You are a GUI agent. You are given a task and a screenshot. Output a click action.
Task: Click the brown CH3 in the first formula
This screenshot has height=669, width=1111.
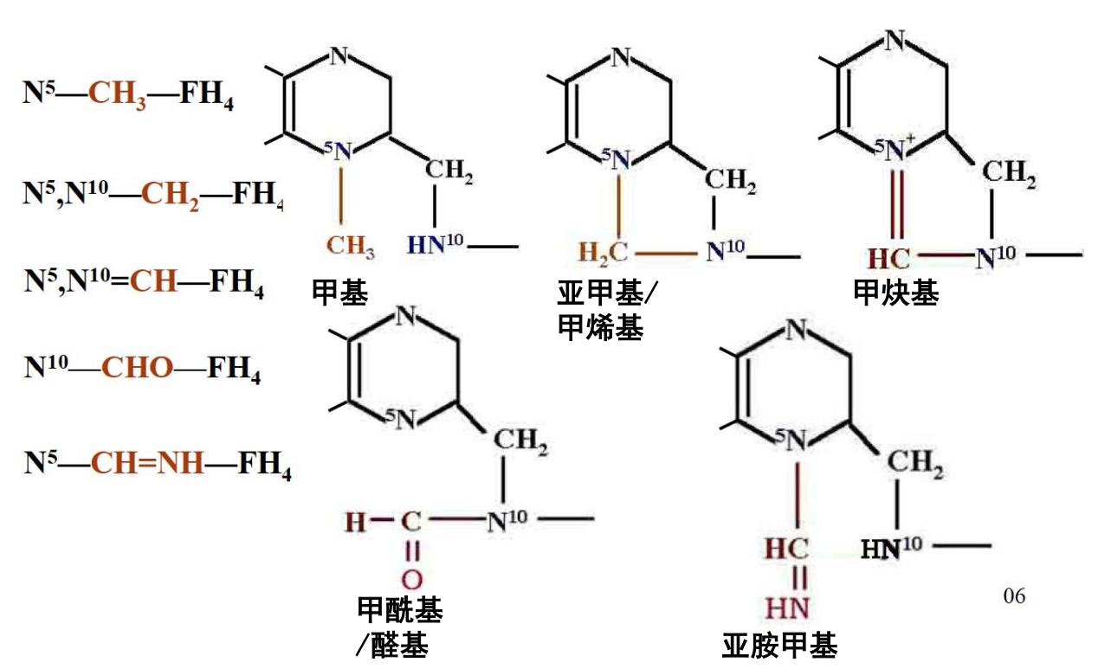[117, 94]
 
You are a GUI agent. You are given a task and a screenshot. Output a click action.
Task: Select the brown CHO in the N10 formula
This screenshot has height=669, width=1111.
[138, 368]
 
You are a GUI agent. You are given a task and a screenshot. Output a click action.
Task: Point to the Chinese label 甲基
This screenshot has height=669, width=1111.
[339, 294]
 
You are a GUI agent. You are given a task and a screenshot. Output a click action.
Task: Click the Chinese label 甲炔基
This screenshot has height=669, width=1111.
[895, 294]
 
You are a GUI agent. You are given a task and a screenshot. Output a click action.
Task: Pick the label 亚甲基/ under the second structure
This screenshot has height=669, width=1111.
[606, 294]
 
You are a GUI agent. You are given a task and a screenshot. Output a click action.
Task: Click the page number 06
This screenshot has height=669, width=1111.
[1014, 595]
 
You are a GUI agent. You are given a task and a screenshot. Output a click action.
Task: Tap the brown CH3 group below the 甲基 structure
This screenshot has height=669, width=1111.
[350, 246]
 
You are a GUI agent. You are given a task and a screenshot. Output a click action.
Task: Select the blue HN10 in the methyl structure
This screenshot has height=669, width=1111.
[435, 245]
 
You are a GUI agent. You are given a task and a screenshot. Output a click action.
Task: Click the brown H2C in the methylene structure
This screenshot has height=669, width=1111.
[604, 254]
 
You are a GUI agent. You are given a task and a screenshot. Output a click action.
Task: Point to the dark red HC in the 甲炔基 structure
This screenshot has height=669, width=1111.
[888, 257]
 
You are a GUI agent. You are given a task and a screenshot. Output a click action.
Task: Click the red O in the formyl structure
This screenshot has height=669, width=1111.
[412, 580]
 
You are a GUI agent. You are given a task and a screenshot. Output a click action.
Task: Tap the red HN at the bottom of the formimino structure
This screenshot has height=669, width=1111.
[787, 609]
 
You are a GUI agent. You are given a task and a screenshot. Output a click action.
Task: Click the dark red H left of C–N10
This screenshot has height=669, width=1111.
[355, 522]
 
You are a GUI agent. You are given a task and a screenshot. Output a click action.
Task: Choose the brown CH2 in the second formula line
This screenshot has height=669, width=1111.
[171, 192]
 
